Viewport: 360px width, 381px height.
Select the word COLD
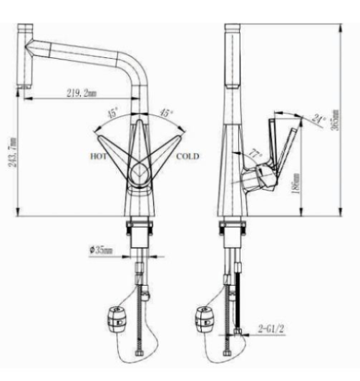coord(188,156)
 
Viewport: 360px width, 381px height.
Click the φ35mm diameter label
coord(102,250)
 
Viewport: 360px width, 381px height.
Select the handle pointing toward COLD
coord(166,148)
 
